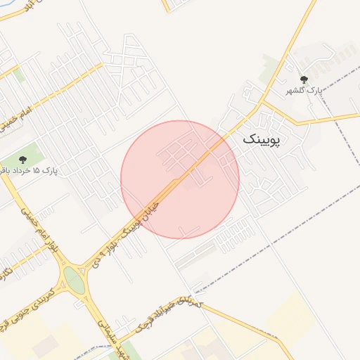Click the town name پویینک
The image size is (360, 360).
[261, 139]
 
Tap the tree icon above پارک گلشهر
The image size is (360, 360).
[304, 80]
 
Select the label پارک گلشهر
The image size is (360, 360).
[303, 91]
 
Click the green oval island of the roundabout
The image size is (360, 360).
[73, 280]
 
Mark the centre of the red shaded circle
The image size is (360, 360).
[180, 179]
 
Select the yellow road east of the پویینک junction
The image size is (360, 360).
[309, 120]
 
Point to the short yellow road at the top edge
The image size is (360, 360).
[169, 6]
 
